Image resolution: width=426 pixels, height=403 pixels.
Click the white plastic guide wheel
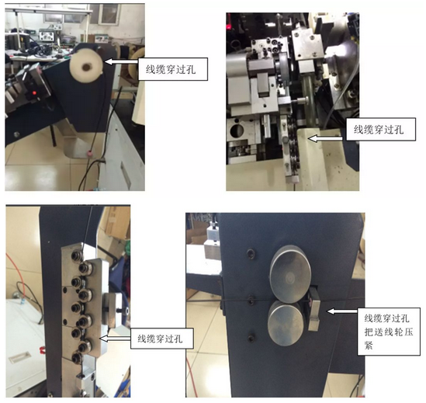[x=86, y=66]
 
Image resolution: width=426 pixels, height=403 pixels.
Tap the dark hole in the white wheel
[x=87, y=66]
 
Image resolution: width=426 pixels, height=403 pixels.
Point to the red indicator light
[x=34, y=93]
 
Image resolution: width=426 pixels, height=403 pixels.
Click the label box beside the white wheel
[x=173, y=69]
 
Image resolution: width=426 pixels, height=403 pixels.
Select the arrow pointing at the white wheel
[x=121, y=61]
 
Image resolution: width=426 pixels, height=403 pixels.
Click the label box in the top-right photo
[x=381, y=129]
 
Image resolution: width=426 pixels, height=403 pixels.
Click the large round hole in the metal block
[x=237, y=130]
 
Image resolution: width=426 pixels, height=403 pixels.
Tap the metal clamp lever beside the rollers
[x=314, y=310]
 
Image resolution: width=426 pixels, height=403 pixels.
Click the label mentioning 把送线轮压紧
[x=389, y=332]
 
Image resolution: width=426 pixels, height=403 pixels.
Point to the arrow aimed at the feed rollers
[x=342, y=311]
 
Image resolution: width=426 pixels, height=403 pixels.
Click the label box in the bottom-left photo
[x=162, y=339]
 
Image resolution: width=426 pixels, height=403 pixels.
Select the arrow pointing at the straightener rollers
[x=115, y=339]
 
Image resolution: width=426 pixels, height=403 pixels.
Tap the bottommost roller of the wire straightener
[x=77, y=357]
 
